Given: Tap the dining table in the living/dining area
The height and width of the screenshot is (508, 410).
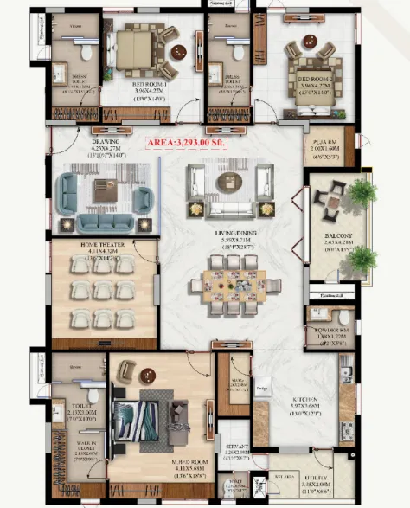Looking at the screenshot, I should pyautogui.click(x=230, y=286).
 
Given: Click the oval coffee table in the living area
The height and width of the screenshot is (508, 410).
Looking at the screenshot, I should pyautogui.click(x=230, y=180).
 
